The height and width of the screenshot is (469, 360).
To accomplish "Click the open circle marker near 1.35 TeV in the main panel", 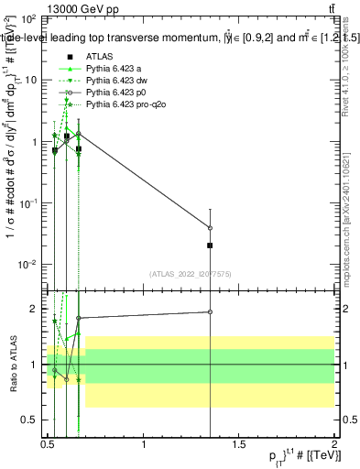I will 210,228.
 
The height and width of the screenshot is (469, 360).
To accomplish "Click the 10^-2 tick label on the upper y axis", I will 29,265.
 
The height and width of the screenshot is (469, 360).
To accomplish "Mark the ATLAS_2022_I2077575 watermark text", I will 191,273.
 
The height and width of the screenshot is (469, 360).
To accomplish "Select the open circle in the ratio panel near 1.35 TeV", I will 210,312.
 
